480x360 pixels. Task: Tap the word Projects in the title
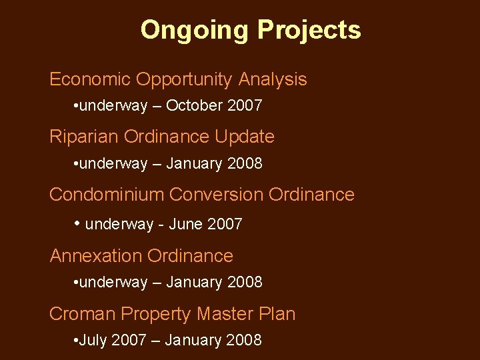(x=309, y=30)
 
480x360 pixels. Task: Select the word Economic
(x=90, y=79)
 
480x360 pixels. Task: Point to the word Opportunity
(x=184, y=79)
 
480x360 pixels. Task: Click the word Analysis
(x=273, y=79)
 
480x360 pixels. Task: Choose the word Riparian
(x=83, y=137)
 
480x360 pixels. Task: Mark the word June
(x=185, y=224)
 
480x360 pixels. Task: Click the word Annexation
(x=96, y=256)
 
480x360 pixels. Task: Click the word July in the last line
(x=94, y=340)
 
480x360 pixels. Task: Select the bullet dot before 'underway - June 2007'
(x=77, y=223)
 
